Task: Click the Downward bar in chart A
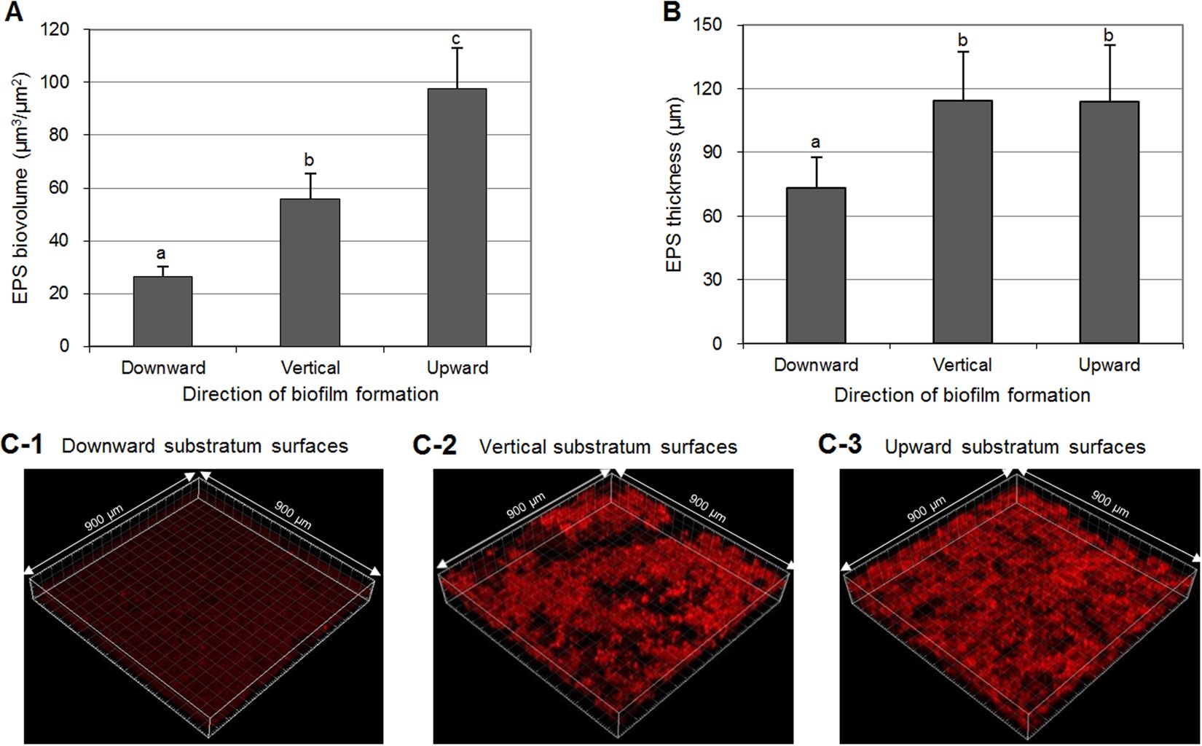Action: (162, 311)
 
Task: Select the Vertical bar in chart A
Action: (310, 272)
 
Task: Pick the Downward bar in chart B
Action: (816, 265)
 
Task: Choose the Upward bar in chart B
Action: (1109, 222)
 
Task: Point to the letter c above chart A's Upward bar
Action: (457, 39)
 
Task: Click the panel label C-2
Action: (434, 445)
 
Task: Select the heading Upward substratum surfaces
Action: (1015, 447)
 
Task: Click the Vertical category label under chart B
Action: (962, 365)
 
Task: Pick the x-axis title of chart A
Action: (310, 395)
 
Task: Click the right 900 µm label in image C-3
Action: (1109, 503)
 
